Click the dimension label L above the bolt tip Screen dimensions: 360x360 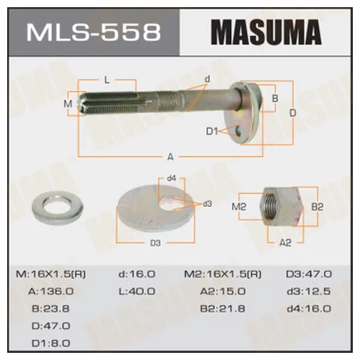tap(107, 80)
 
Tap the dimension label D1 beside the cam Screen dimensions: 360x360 tap(212, 131)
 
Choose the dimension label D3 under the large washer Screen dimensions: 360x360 tap(154, 243)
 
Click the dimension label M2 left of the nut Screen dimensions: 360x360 tap(240, 208)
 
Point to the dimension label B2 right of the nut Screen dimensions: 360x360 tap(317, 207)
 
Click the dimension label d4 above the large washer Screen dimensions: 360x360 tap(171, 179)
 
